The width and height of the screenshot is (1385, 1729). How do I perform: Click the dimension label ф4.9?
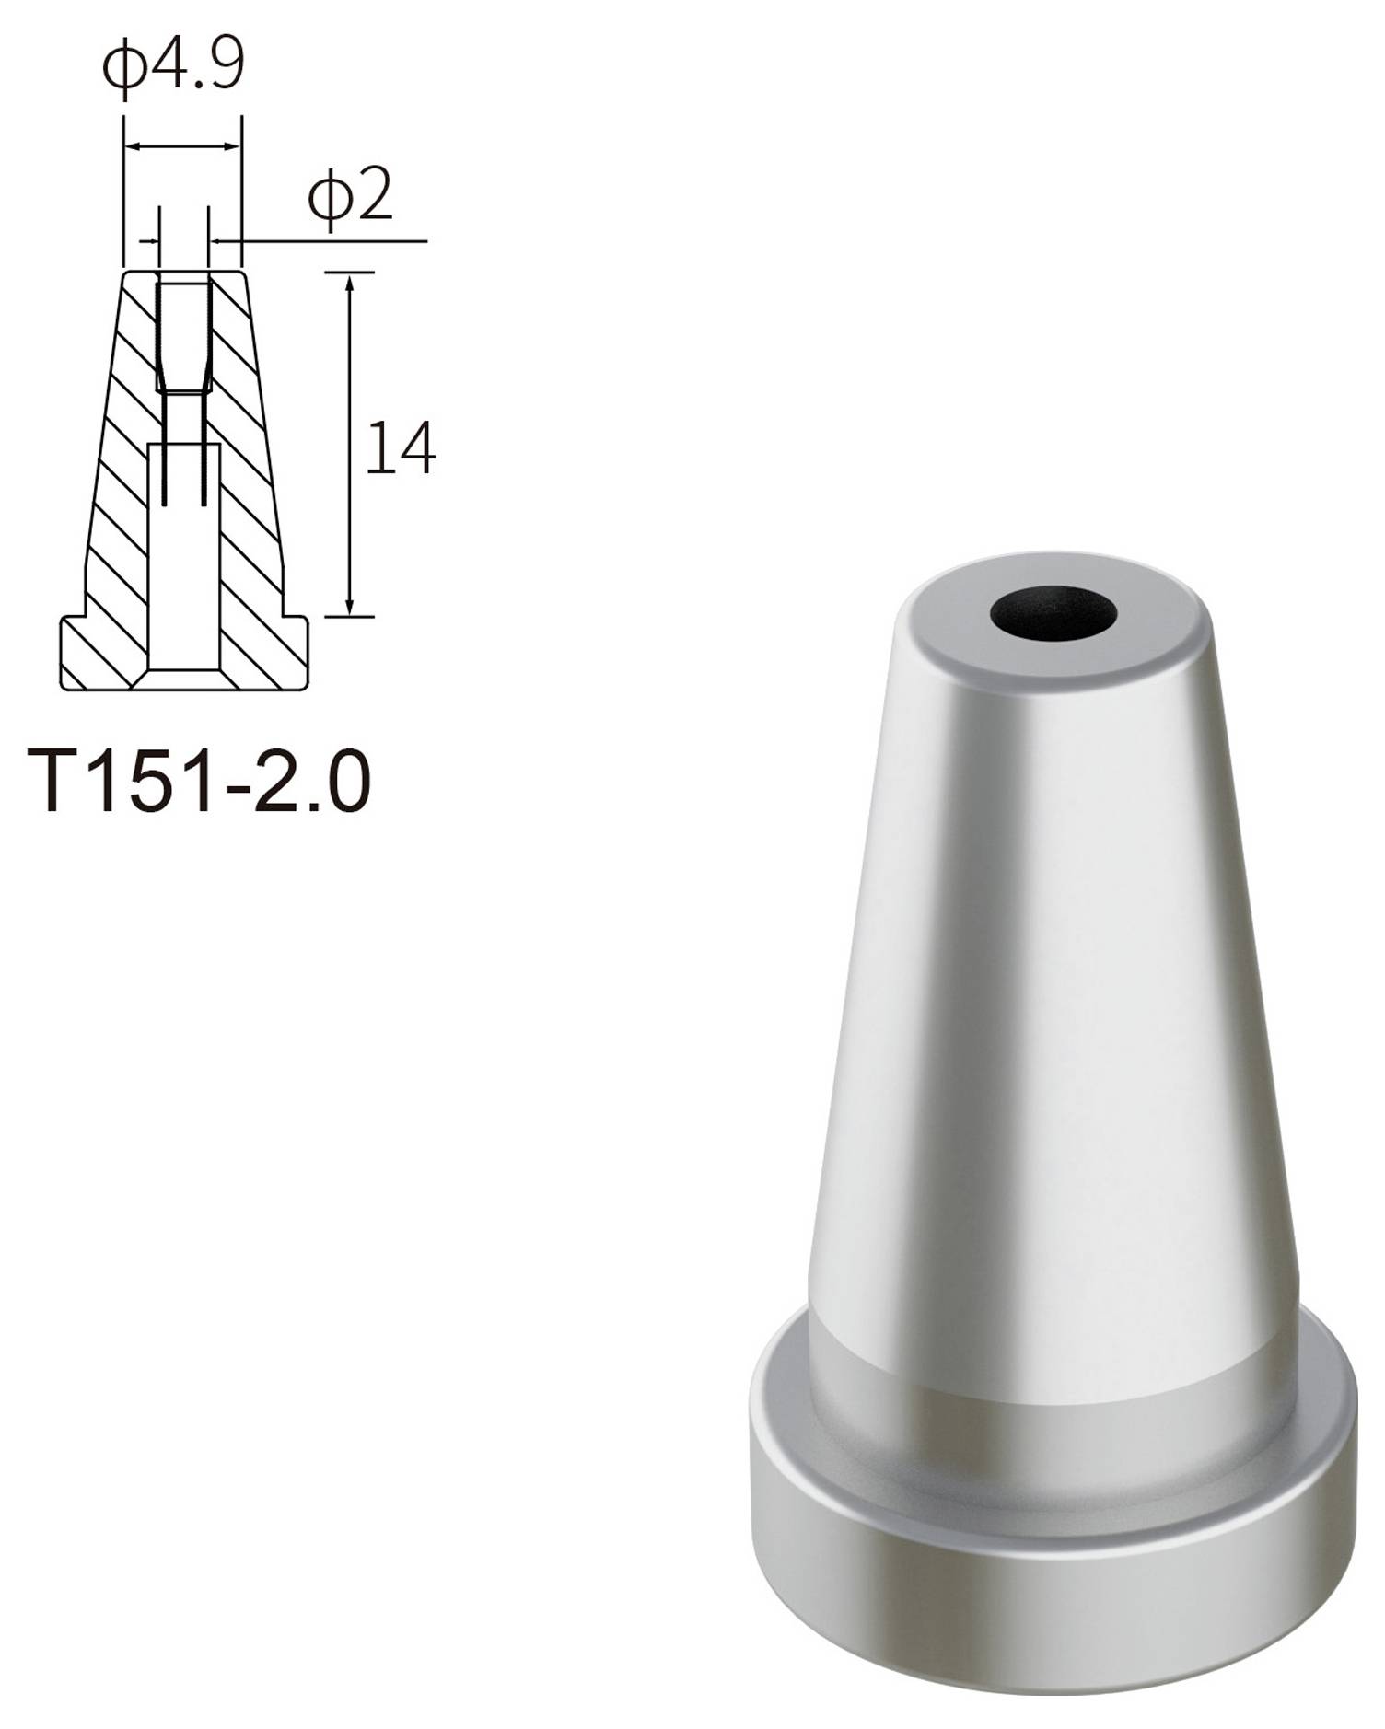tap(173, 67)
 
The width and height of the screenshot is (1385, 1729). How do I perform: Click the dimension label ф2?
tap(350, 195)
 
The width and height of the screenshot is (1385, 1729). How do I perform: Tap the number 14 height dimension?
tap(400, 449)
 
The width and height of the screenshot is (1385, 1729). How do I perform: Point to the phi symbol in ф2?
tap(328, 197)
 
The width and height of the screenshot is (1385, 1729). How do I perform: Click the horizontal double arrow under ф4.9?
tap(182, 145)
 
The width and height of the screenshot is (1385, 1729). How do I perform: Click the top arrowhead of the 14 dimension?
tap(350, 281)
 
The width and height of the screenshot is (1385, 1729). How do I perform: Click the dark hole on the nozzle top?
tap(1053, 612)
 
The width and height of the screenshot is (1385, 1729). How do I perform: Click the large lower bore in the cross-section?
tap(183, 571)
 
